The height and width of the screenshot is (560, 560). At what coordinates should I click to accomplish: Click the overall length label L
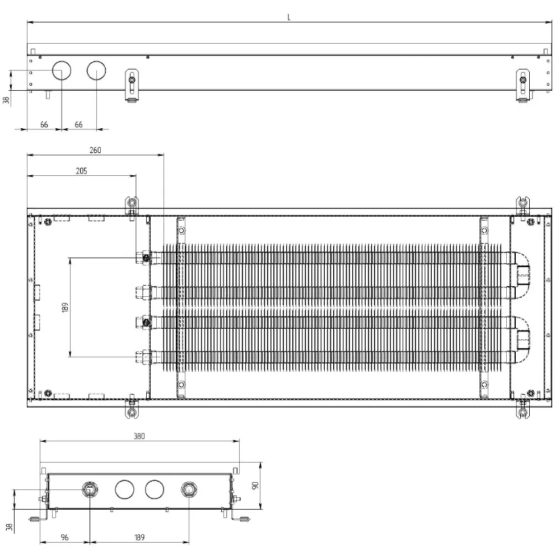pos(289,17)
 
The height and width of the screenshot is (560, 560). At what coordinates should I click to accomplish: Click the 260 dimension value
pos(95,150)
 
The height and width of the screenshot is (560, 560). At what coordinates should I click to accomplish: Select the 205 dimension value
pos(81,171)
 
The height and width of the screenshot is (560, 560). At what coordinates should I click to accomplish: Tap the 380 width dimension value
pos(139,436)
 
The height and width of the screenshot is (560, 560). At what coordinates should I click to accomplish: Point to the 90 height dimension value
pos(255,486)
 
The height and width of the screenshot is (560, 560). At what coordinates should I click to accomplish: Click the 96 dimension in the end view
pos(64,537)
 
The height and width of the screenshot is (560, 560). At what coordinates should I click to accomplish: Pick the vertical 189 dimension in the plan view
pos(65,307)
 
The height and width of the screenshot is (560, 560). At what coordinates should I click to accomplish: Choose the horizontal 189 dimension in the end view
pos(139,537)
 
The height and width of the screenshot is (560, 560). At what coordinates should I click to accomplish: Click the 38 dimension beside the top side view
pos(6,100)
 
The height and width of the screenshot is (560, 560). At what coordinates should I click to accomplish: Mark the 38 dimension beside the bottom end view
pos(10,527)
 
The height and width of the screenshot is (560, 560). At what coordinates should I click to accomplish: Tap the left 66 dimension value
pos(44,124)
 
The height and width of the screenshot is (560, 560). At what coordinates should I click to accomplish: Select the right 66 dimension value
pos(78,124)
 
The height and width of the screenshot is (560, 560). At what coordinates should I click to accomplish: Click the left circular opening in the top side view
pos(62,71)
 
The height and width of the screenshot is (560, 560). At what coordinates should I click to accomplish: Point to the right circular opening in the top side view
pos(96,71)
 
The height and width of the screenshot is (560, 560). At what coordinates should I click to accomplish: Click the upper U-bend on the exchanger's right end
pos(522,273)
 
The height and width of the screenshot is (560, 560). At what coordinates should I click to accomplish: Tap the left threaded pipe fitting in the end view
pos(90,489)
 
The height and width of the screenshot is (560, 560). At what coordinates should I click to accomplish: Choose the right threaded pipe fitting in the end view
pos(189,489)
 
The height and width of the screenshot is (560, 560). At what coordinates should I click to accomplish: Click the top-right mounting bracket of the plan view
pos(523,206)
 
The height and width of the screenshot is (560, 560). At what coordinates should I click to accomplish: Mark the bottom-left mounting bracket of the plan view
pos(132,409)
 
